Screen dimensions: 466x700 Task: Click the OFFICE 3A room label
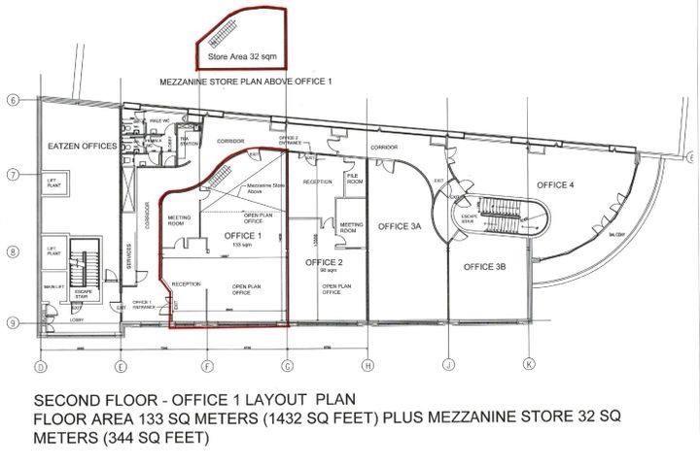(x=399, y=226)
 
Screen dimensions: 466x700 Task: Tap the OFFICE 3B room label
(x=484, y=266)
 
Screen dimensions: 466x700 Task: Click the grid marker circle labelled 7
(x=13, y=175)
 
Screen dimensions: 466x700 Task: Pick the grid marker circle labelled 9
(x=13, y=323)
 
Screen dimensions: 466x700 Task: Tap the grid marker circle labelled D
(x=41, y=366)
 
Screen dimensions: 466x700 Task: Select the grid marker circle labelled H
(x=367, y=366)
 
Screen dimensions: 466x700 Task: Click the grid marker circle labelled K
(x=528, y=366)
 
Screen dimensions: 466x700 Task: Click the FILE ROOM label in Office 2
(x=355, y=180)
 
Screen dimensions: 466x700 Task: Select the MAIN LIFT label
(x=52, y=287)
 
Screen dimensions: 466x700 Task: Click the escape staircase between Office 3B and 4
(x=505, y=216)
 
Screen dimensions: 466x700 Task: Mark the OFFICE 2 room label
(x=322, y=262)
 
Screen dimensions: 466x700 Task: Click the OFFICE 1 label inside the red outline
(x=242, y=236)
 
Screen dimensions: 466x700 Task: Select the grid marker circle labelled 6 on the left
(x=13, y=100)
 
